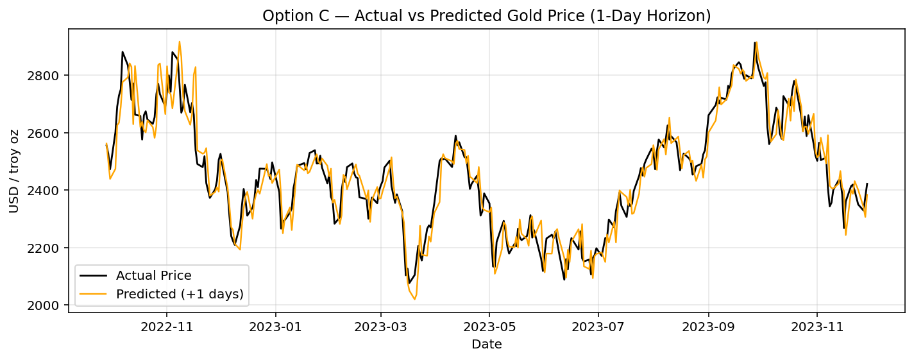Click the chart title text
tap(486, 16)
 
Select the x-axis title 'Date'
tap(486, 345)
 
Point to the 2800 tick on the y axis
tap(49, 76)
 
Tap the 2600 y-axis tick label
tap(49, 133)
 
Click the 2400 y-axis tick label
tap(49, 191)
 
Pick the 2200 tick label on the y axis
tap(49, 248)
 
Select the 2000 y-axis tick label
tap(49, 305)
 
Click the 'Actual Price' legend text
tap(153, 276)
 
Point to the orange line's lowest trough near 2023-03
tap(414, 299)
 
